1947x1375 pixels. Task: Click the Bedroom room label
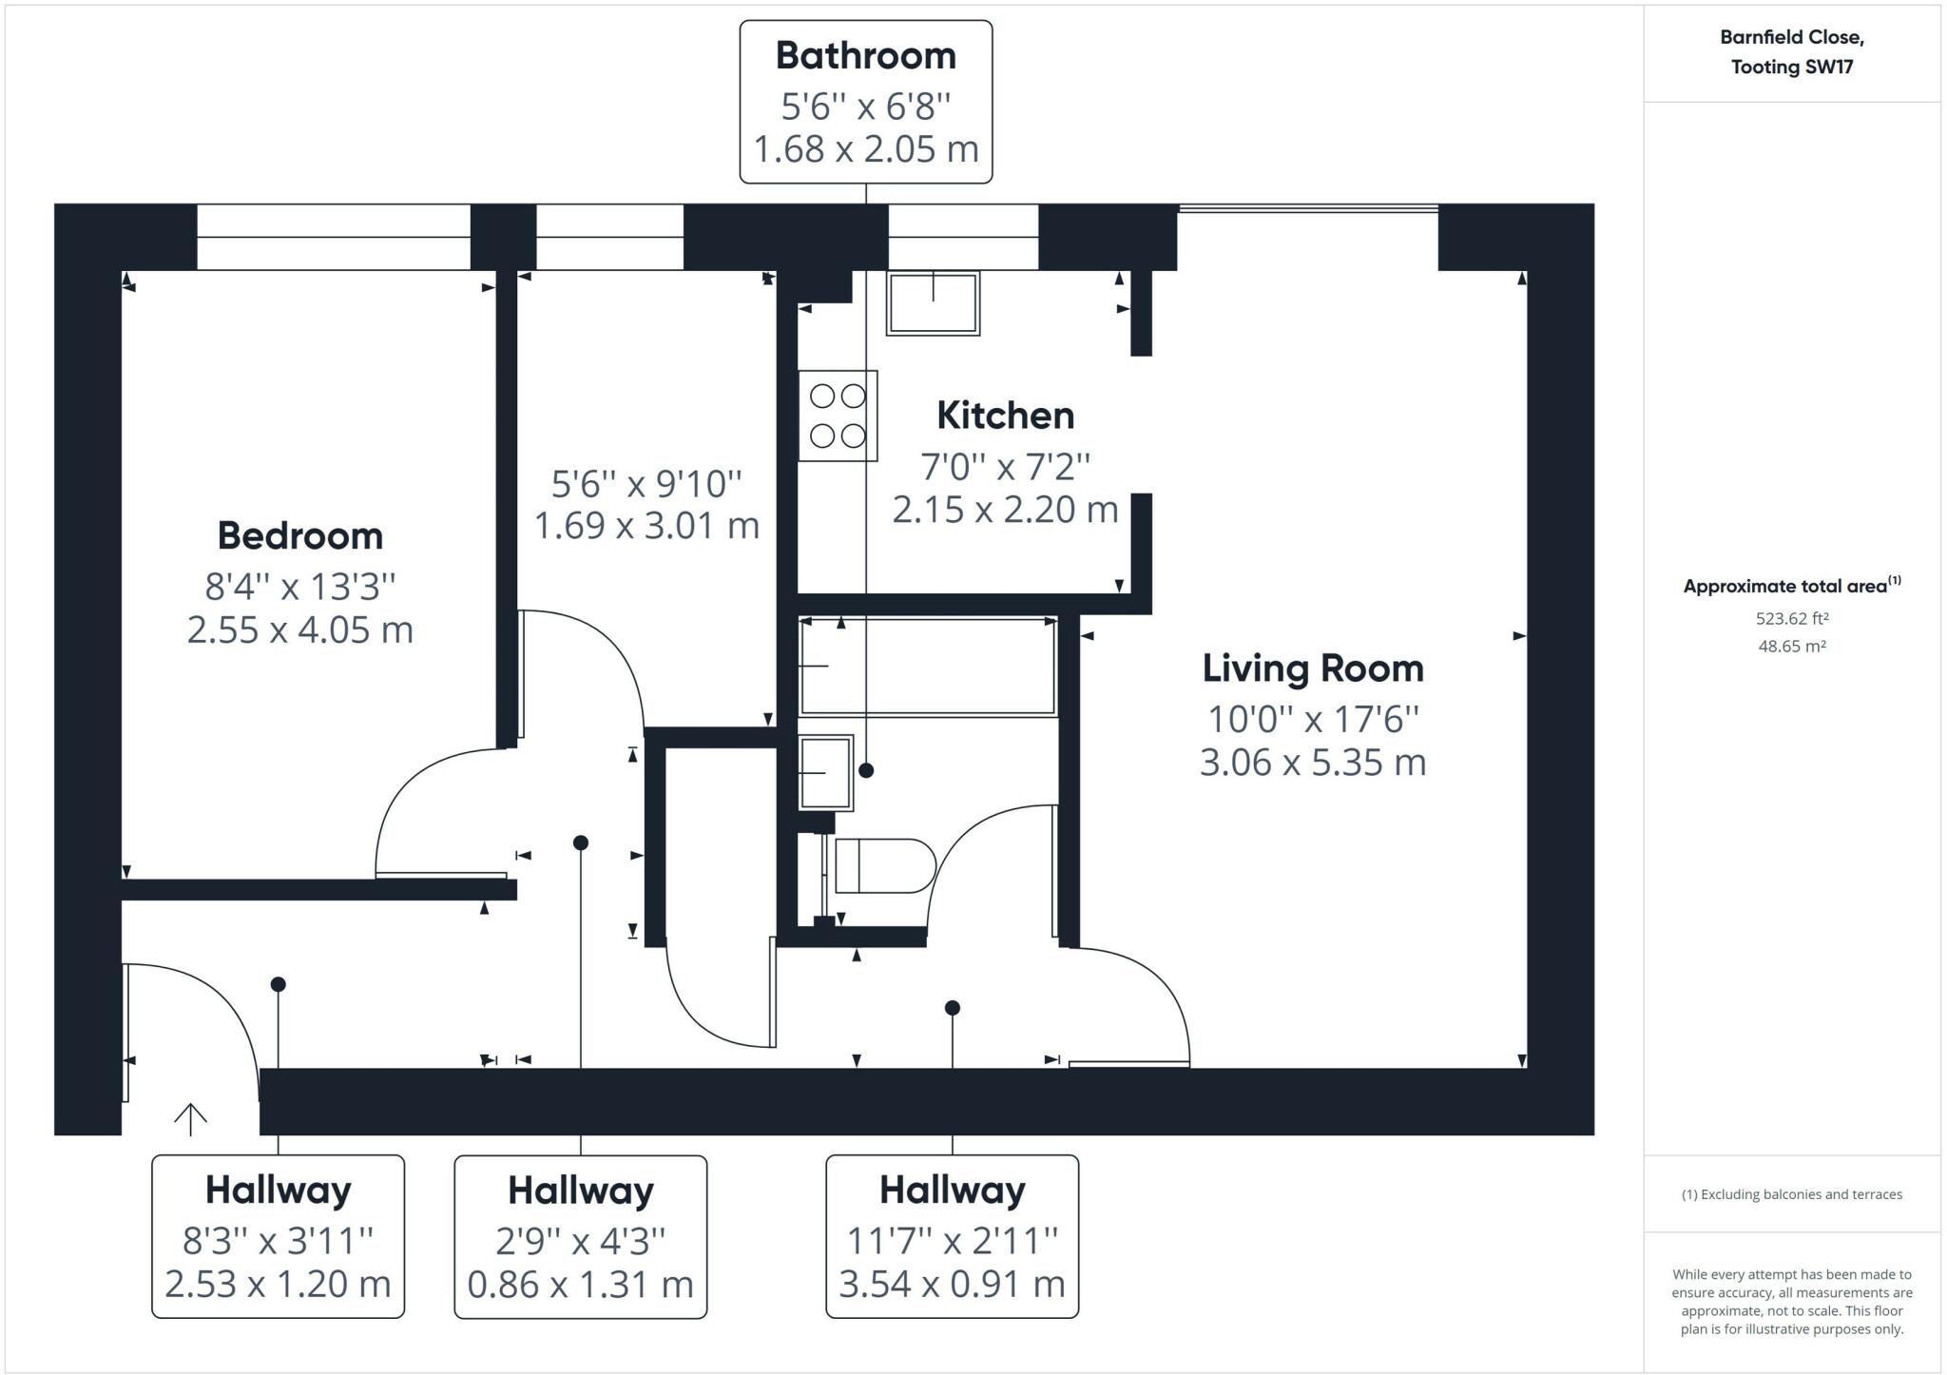300,536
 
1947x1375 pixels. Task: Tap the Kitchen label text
1006,416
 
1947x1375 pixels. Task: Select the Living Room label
1313,668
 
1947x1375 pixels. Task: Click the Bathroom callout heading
866,56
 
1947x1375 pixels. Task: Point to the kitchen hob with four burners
838,416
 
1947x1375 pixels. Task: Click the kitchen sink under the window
933,303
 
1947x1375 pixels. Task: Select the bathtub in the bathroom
928,666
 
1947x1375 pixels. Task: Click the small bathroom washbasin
825,772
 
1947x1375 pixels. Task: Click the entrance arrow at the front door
190,1119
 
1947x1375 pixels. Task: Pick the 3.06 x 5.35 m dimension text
1313,763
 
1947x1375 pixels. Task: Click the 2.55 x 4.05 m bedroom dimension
300,630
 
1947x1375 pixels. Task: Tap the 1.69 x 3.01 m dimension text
647,526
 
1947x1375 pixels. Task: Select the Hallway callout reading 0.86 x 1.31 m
581,1236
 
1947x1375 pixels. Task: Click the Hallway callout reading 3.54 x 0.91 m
953,1236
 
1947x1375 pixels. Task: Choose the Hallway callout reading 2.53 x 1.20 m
279,1236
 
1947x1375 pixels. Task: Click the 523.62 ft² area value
1792,619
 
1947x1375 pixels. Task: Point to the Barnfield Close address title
1792,52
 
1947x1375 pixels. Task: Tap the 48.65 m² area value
1792,647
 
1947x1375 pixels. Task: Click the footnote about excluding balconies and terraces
1792,1194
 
